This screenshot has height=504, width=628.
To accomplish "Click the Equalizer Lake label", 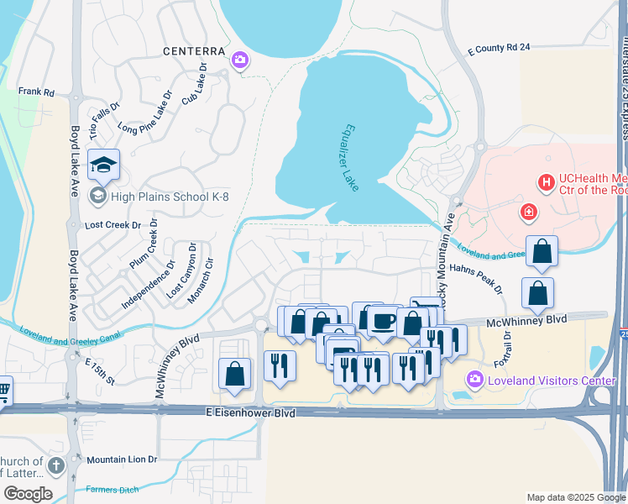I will [x=350, y=158].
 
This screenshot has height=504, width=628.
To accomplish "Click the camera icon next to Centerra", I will [x=241, y=59].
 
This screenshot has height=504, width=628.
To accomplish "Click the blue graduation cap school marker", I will [x=103, y=164].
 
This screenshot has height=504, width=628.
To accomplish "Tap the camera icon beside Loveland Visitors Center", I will [x=474, y=381].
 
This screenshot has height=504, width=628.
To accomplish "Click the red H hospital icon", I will [x=546, y=181].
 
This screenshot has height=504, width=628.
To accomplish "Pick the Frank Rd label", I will [x=36, y=91].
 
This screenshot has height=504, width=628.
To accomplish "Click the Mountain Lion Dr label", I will [x=122, y=459].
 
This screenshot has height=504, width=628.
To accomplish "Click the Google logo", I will [x=27, y=494].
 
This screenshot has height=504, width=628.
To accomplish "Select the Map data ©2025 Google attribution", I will [x=576, y=497].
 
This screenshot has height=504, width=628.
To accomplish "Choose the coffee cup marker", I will [x=383, y=320].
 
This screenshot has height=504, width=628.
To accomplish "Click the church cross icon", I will [x=56, y=465].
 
